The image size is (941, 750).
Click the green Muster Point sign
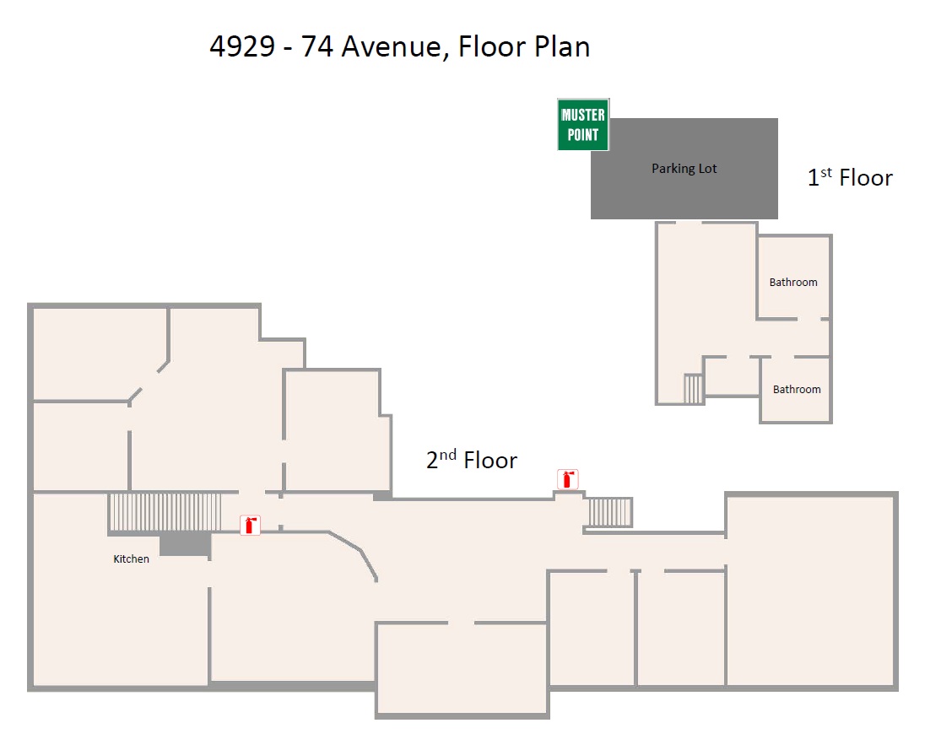[583, 125]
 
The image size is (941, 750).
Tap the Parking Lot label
[684, 169]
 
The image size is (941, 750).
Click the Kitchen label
[132, 558]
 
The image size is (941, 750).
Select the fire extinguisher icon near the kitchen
[250, 526]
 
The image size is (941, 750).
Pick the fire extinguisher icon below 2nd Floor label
[568, 479]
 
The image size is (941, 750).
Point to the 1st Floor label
[850, 177]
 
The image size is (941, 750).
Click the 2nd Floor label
[471, 460]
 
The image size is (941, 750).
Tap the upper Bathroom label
[793, 283]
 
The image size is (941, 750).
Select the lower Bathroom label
[797, 389]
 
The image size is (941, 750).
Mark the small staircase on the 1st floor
[693, 389]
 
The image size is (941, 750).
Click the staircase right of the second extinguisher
[609, 512]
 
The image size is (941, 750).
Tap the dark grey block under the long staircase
[185, 544]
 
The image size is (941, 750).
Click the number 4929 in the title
[242, 46]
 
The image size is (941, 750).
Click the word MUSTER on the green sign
[583, 115]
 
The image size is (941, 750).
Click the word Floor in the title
[490, 46]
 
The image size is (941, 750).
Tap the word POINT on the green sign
[583, 135]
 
